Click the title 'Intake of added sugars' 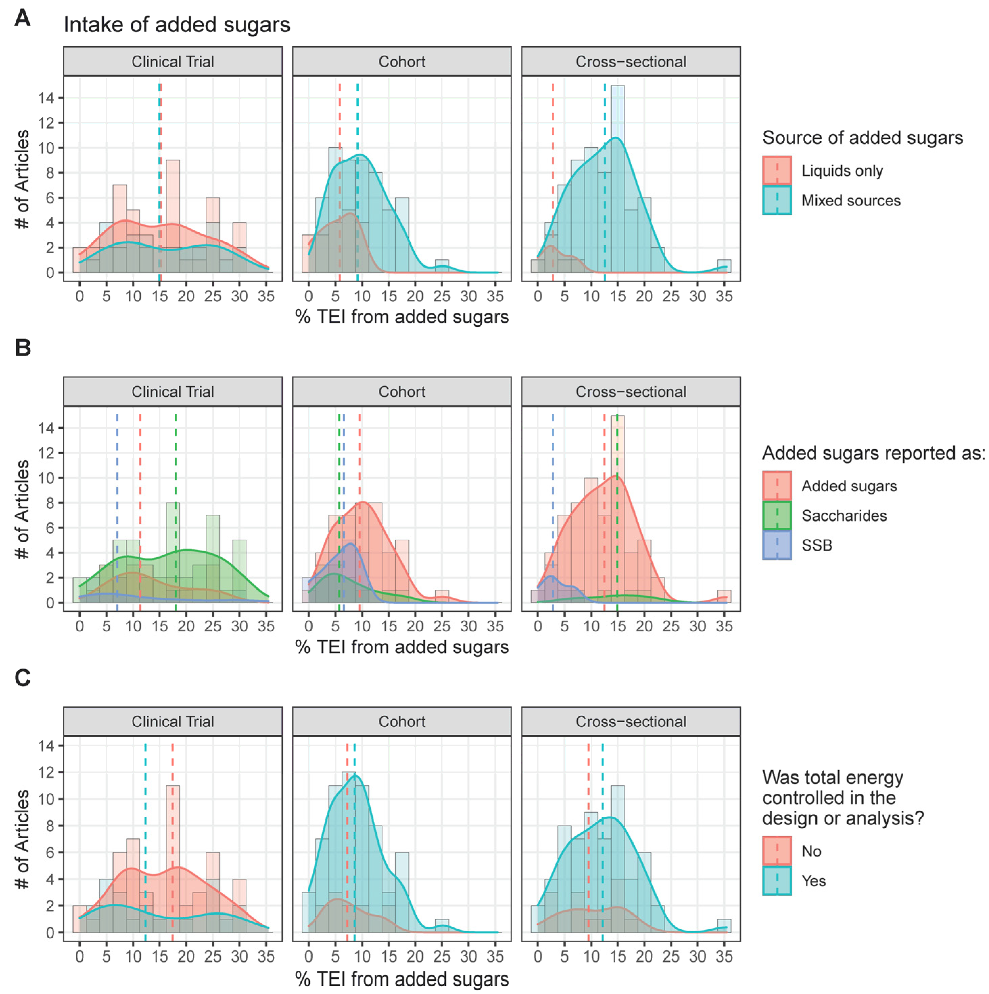click(177, 25)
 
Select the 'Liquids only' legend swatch click(777, 170)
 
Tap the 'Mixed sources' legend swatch click(777, 200)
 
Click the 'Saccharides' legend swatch click(777, 515)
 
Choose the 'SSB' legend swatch click(777, 545)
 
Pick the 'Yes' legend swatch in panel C click(777, 881)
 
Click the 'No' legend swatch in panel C click(777, 851)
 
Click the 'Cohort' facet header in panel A click(401, 62)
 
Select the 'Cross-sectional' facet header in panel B click(630, 392)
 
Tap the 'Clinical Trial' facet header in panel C click(172, 721)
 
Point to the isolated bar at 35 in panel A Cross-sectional click(724, 266)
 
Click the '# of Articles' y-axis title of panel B click(22, 509)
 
